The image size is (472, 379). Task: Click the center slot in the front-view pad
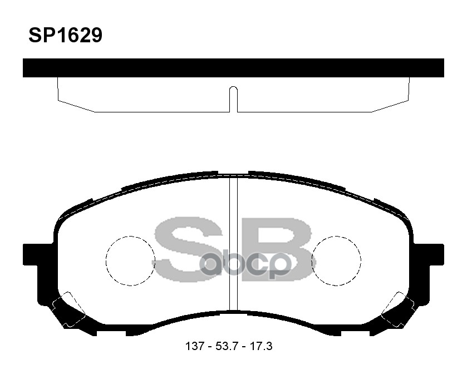point(234,245)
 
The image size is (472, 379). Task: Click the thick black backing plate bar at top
point(233,67)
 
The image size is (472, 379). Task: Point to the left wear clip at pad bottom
point(67,309)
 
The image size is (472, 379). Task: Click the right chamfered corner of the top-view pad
point(391,106)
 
